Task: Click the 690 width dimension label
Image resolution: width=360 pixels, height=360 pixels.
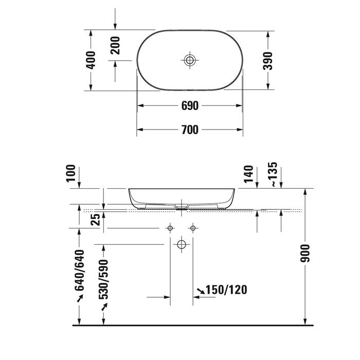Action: click(190, 106)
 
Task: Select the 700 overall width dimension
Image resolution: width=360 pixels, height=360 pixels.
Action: click(190, 130)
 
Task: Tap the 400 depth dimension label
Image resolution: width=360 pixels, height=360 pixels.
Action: click(91, 60)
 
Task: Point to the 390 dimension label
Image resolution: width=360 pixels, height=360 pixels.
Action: click(268, 61)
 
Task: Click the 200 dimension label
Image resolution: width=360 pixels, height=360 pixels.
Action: click(115, 45)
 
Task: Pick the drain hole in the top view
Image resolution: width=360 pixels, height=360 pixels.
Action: click(190, 60)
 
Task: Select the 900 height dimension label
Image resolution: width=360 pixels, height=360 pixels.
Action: click(305, 253)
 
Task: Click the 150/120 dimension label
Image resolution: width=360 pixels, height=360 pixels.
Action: click(226, 290)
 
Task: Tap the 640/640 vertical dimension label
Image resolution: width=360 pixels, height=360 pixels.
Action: click(80, 270)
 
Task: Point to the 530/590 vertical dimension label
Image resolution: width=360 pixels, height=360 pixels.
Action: click(103, 280)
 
